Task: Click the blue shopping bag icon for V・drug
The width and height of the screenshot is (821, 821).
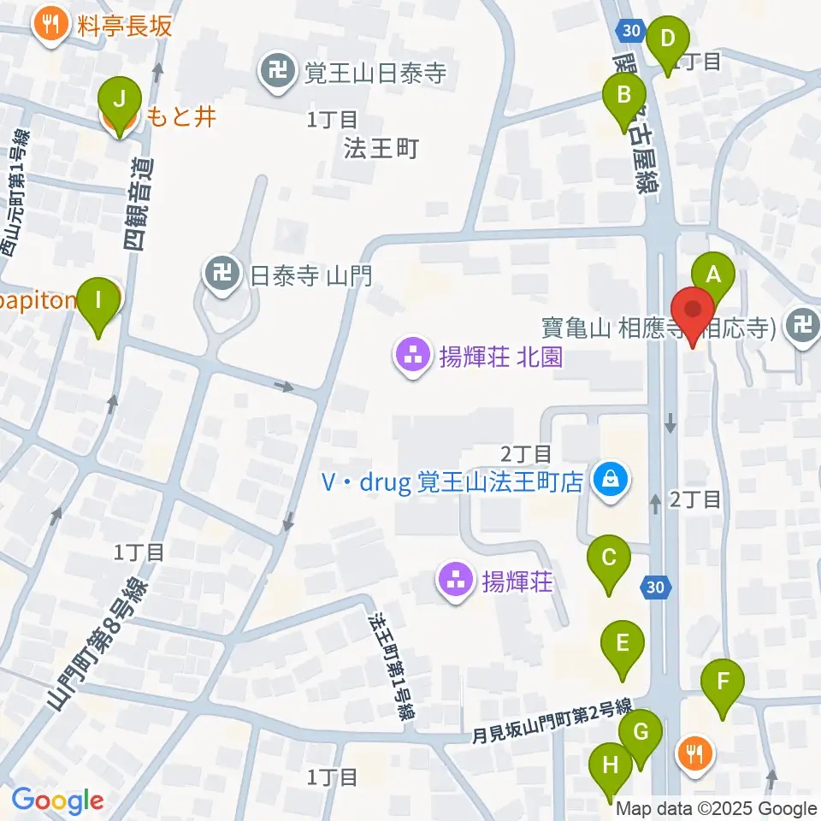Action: [x=610, y=480]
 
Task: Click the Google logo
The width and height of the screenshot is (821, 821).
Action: [x=57, y=800]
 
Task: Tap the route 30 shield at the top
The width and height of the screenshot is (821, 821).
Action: [x=629, y=30]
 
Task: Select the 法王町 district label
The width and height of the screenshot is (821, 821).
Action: [x=380, y=149]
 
